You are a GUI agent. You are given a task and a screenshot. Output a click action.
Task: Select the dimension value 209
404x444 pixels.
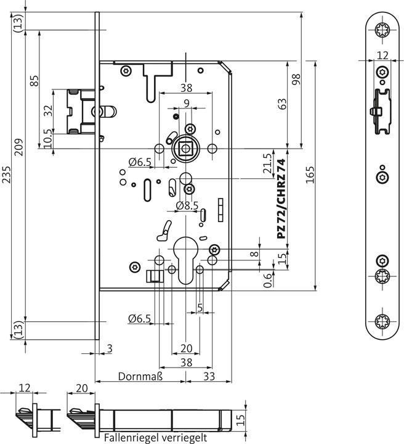click(x=19, y=147)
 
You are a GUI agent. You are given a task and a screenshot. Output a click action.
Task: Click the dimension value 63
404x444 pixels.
click(x=283, y=104)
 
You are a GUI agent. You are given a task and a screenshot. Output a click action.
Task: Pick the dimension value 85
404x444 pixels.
click(x=34, y=80)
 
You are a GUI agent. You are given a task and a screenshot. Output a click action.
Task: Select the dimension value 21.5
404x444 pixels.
click(x=267, y=163)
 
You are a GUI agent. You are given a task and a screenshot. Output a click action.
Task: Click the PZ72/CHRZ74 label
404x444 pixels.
click(x=281, y=199)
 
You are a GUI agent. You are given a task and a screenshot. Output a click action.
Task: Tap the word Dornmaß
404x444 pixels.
click(x=140, y=376)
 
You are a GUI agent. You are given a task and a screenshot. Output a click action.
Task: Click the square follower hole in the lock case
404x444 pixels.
click(x=184, y=148)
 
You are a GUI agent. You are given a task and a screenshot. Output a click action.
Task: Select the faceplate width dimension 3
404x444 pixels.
click(x=109, y=350)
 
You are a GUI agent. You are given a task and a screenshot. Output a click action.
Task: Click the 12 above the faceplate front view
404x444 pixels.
click(x=383, y=55)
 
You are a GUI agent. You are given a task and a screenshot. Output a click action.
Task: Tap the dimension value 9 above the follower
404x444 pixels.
click(x=186, y=103)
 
